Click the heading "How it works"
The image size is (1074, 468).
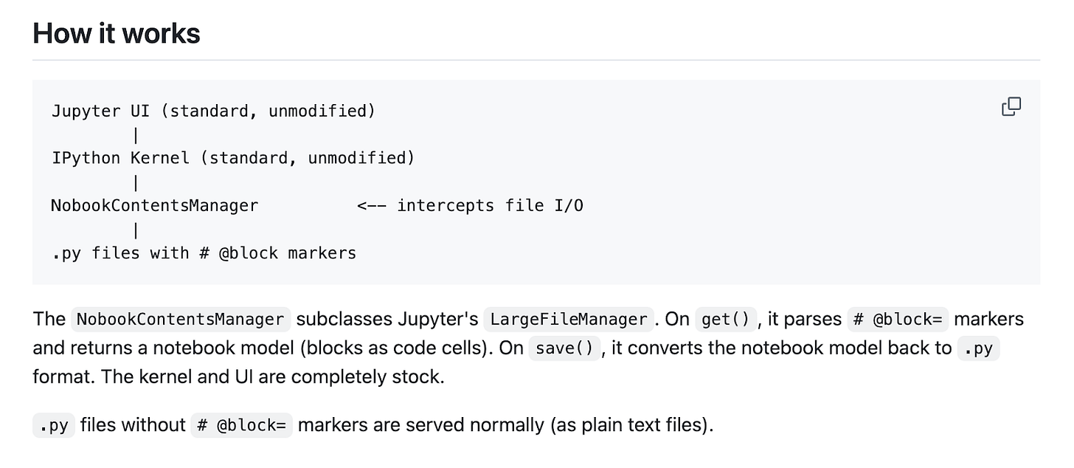[117, 34]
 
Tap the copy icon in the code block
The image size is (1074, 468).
[1011, 106]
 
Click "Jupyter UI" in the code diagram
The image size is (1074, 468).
[100, 111]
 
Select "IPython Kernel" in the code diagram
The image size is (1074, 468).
[120, 158]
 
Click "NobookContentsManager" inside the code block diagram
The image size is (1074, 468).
[154, 205]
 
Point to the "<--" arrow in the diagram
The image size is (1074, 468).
[372, 206]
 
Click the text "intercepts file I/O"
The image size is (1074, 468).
[490, 205]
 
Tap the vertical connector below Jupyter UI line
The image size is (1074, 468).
[136, 135]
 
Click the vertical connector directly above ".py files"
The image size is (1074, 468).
[136, 230]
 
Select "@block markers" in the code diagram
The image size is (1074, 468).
[288, 253]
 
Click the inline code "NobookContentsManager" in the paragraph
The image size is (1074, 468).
[181, 319]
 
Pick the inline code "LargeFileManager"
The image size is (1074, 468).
[569, 319]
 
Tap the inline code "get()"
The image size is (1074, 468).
[726, 319]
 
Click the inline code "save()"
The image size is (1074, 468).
[564, 348]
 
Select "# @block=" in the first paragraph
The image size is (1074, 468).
[898, 319]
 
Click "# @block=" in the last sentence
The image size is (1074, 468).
[242, 425]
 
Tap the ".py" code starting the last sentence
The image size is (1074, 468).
[54, 425]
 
